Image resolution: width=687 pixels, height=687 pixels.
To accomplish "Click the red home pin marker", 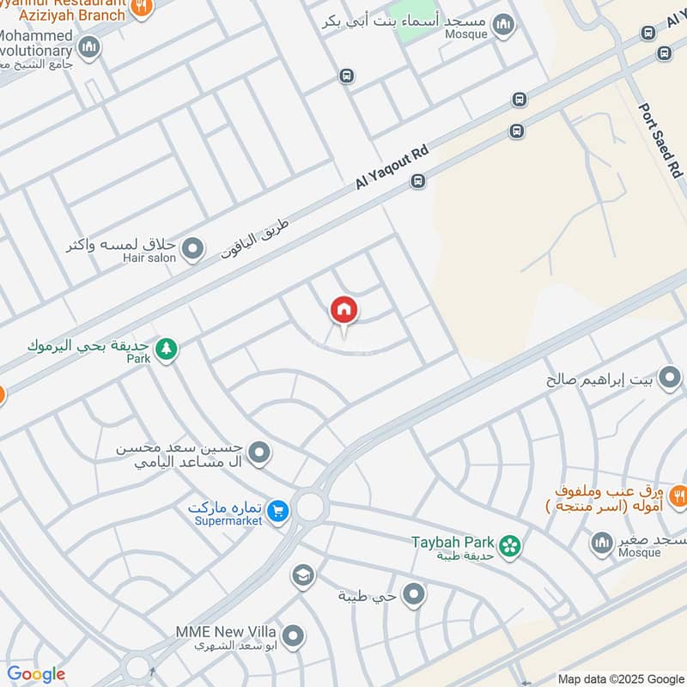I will (343, 310).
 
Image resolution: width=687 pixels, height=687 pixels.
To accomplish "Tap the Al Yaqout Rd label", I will (391, 167).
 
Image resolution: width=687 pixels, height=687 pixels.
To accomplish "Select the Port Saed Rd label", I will (660, 141).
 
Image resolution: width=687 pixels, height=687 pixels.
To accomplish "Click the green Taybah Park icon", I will (510, 545).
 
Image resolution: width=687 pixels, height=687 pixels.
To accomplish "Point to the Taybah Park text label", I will (453, 542).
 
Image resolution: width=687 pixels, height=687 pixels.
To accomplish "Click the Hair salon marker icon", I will (193, 250).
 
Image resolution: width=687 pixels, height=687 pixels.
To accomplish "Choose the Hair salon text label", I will (149, 258).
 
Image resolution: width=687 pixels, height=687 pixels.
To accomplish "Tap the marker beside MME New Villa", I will (294, 636).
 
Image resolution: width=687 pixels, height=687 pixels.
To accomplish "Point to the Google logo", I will (36, 674).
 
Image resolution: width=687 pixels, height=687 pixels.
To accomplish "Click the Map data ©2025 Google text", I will (620, 678).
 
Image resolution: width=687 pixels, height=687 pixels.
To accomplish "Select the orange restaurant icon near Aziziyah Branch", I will (143, 8).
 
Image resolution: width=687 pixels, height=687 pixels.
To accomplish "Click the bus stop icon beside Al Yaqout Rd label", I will (417, 181).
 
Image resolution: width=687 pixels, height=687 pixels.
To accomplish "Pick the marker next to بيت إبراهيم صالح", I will (669, 378).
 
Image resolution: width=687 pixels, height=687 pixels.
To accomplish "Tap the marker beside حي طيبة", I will (414, 594).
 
